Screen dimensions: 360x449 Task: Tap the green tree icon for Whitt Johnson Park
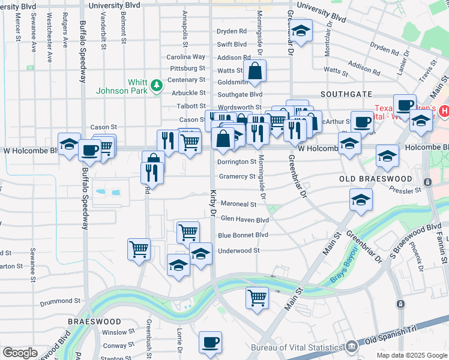click(x=157, y=86)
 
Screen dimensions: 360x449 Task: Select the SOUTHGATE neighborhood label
click(x=346, y=94)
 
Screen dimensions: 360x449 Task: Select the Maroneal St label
click(x=238, y=205)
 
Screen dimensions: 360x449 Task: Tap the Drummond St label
click(x=60, y=301)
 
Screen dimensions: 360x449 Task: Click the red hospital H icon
click(x=444, y=110)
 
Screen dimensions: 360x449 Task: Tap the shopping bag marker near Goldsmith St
click(x=255, y=70)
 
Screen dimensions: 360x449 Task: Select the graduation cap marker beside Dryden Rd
click(x=302, y=31)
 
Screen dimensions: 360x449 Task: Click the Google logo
click(x=20, y=353)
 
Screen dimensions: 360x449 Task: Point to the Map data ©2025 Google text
click(x=411, y=355)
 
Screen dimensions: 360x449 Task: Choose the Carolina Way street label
click(x=185, y=57)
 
